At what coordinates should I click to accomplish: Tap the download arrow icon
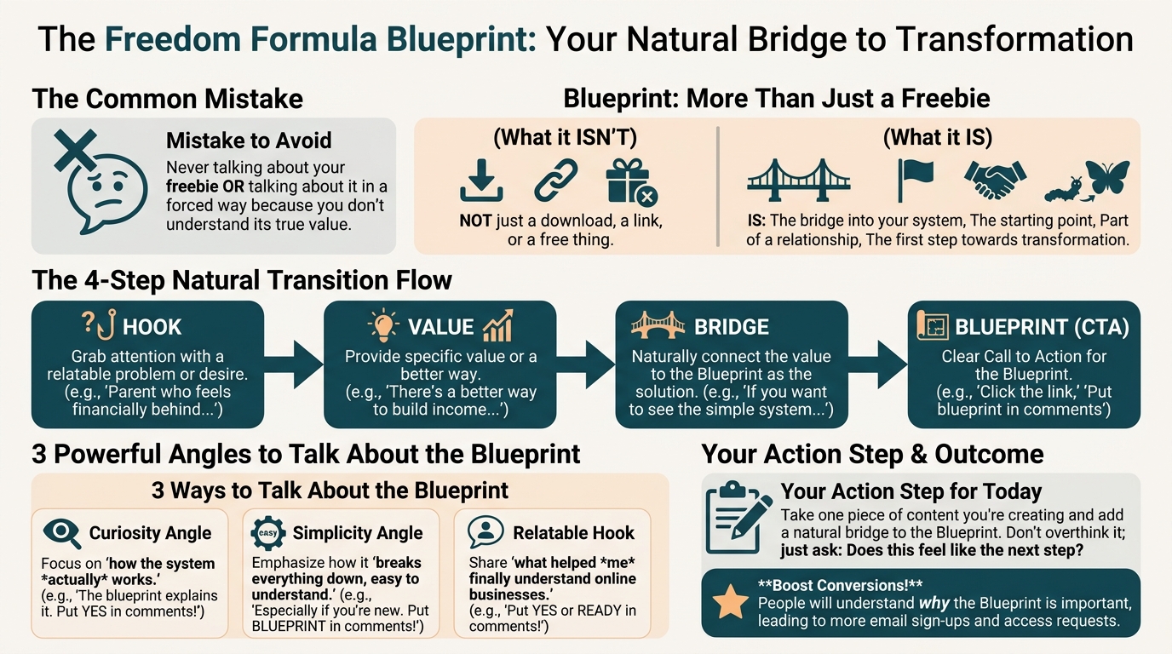(x=481, y=181)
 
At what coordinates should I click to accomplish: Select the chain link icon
(x=555, y=181)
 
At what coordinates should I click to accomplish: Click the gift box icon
(x=631, y=181)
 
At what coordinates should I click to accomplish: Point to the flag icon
(x=915, y=181)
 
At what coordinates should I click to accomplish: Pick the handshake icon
(x=995, y=180)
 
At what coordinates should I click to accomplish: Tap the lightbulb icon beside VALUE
(x=383, y=325)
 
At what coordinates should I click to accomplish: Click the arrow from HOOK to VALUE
(x=294, y=364)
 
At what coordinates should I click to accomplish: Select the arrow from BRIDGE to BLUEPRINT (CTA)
(x=877, y=364)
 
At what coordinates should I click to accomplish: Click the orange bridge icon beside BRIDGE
(x=658, y=325)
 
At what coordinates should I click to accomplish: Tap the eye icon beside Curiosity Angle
(x=62, y=533)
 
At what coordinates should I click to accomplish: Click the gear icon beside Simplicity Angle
(x=268, y=533)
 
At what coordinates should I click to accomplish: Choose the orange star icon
(x=731, y=602)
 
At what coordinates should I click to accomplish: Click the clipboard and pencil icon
(x=738, y=518)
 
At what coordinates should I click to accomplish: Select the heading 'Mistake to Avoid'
(x=249, y=141)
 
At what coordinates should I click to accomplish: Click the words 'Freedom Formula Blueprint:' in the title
(x=321, y=38)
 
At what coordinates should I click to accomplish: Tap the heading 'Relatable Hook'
(x=573, y=532)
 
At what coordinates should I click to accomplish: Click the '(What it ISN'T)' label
(x=565, y=137)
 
